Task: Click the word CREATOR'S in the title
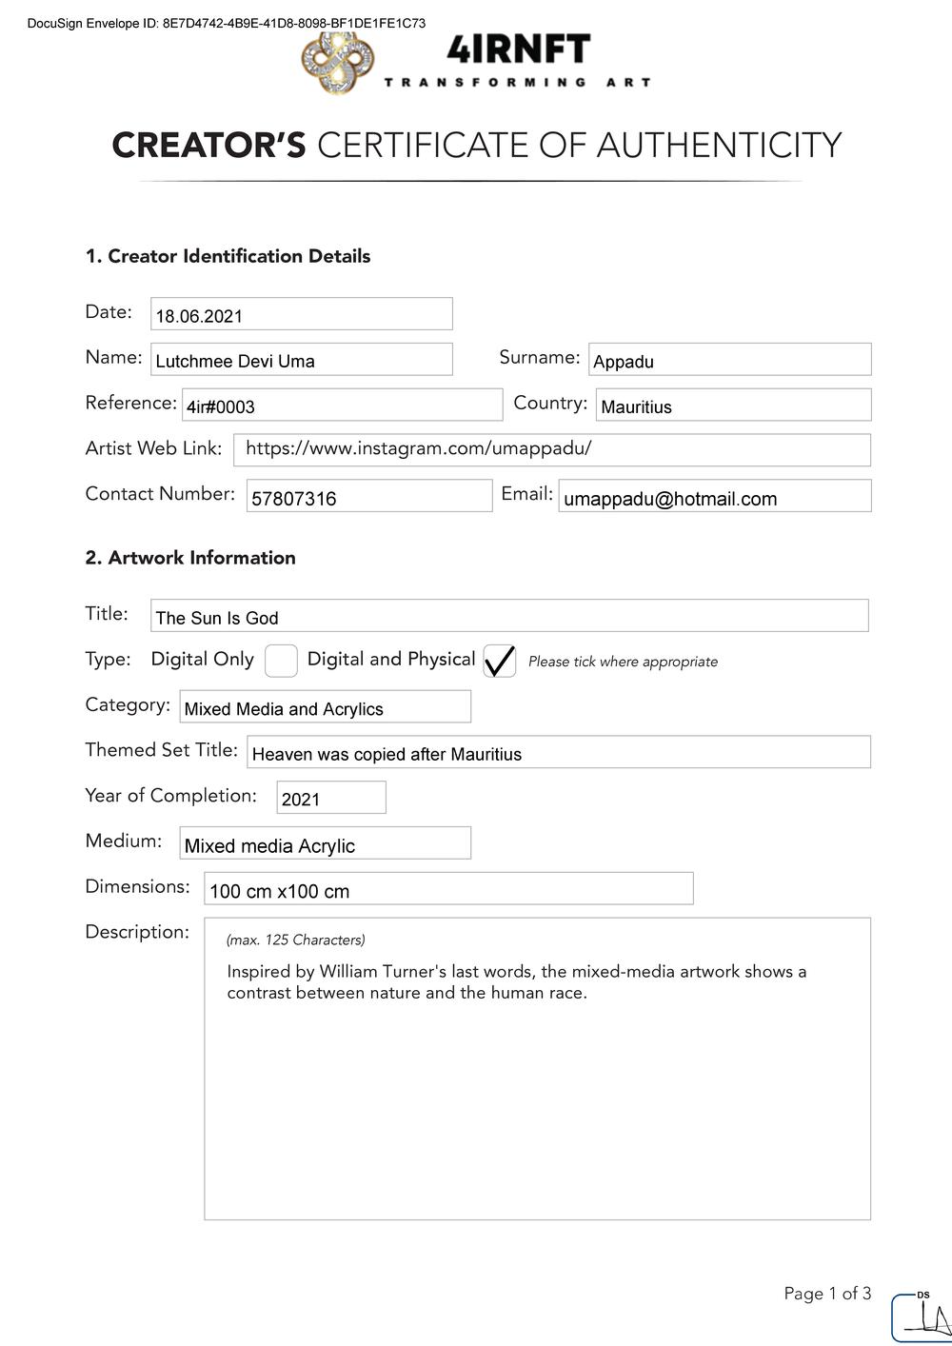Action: (208, 146)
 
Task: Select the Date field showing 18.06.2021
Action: (301, 314)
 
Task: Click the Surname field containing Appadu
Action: (729, 360)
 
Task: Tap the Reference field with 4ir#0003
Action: (342, 405)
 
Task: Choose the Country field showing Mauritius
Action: (733, 405)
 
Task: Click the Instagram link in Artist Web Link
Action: (419, 448)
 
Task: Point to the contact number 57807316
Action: (294, 499)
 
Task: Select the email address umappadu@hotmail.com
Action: (670, 499)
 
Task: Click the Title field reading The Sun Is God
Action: (509, 616)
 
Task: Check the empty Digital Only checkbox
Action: (281, 661)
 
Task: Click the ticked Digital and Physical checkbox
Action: (500, 661)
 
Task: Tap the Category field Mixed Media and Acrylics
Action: (325, 707)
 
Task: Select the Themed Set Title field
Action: (558, 752)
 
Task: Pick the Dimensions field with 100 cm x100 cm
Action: (448, 889)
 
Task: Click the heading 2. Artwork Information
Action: (190, 558)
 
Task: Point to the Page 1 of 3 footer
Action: (827, 1293)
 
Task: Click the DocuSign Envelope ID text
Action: (227, 23)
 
